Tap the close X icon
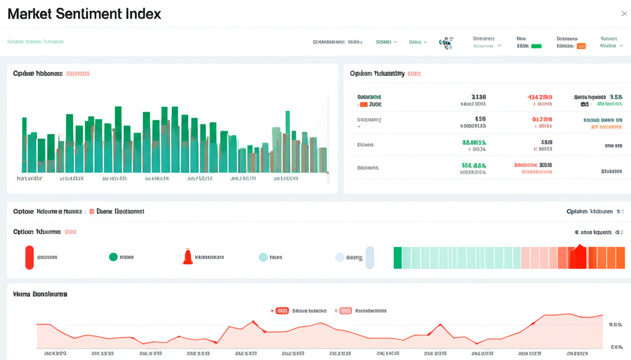624,14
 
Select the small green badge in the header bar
536,46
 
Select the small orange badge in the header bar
581,46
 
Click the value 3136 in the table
478,97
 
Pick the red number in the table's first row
540,97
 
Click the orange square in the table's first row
363,105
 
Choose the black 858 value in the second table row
480,119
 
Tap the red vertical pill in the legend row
29,257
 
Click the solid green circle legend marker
113,257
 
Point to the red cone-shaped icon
187,257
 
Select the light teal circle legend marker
263,257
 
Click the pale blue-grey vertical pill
370,257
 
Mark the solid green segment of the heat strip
397,257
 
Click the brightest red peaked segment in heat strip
577,257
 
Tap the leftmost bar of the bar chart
25,145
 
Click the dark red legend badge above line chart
282,311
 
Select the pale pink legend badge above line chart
345,311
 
